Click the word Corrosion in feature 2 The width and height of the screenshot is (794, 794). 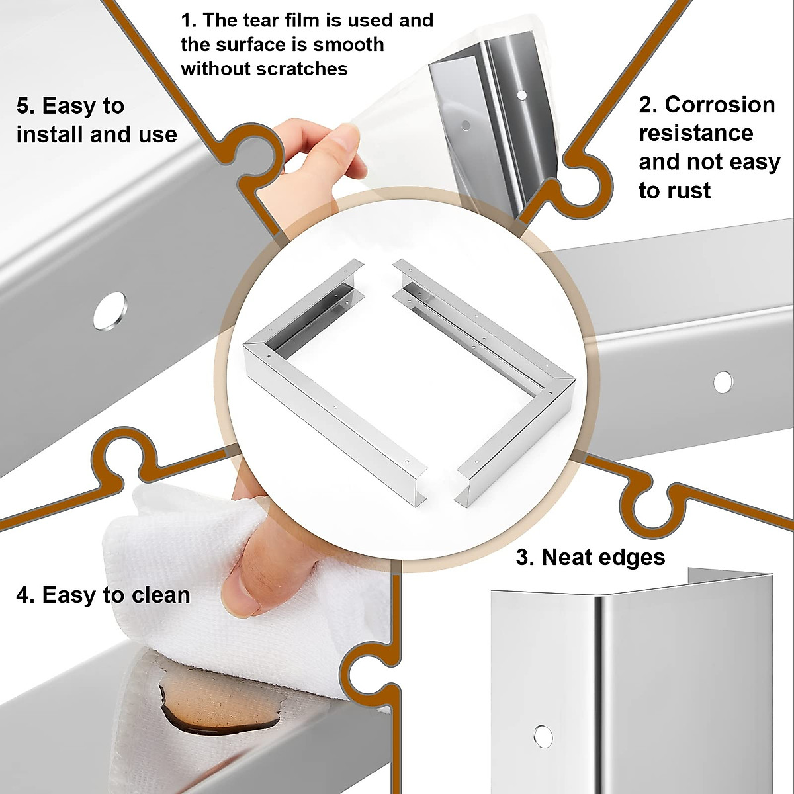pos(720,105)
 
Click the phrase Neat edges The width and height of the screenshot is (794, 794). pos(603,557)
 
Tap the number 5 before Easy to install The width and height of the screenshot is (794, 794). pos(24,106)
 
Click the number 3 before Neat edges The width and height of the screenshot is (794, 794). pos(523,557)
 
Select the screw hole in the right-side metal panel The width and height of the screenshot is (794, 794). pos(723,382)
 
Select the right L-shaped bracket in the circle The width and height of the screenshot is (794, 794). pos(503,371)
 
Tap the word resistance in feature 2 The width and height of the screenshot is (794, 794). pos(695,133)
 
